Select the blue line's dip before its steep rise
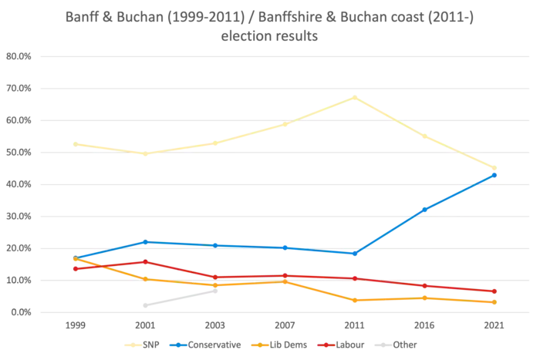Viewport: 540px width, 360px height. coord(354,253)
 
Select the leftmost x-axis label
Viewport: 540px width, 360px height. coord(73,327)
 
